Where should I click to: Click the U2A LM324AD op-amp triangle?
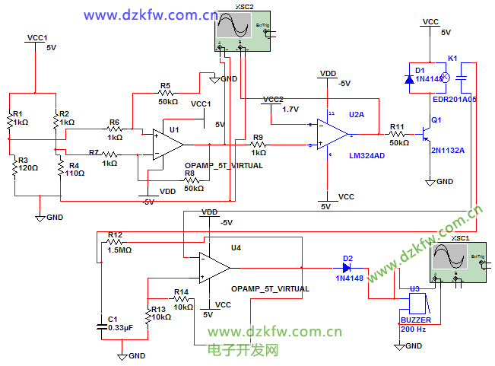point(332,134)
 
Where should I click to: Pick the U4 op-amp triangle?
point(214,267)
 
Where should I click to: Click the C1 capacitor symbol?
point(103,326)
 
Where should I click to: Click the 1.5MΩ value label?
point(119,250)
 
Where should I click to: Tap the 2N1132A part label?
point(448,150)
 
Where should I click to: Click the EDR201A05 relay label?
point(455,99)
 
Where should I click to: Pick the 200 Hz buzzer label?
point(414,329)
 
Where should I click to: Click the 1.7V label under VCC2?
point(290,109)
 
